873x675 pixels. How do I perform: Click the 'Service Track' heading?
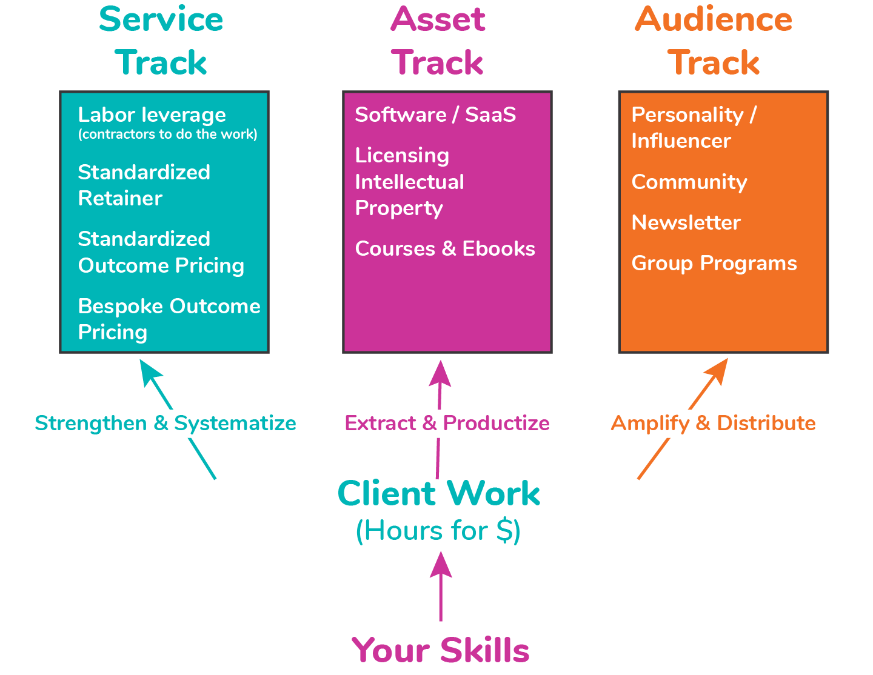tap(161, 41)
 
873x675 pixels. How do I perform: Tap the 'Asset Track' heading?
tap(438, 41)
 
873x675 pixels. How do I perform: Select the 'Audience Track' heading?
tap(714, 41)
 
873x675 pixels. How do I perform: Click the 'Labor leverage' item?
tap(152, 115)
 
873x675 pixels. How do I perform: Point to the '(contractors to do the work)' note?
tap(167, 135)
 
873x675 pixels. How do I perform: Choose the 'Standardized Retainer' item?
tap(144, 185)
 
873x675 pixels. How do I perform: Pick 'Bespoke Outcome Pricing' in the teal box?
tap(169, 319)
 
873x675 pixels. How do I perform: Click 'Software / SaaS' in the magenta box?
tap(435, 115)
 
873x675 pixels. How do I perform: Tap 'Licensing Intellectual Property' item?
tap(409, 182)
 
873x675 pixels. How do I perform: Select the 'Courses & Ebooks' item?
tap(445, 248)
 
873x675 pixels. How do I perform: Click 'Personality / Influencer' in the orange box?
tap(693, 127)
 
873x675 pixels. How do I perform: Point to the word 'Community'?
tap(689, 182)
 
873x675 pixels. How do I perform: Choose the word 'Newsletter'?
tap(686, 222)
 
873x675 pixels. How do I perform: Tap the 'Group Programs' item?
tap(714, 263)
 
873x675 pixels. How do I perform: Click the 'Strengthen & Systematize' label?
tap(166, 423)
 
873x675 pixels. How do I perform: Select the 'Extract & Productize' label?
tap(447, 423)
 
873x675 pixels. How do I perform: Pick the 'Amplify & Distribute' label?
tap(713, 423)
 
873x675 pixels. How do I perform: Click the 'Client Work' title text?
tap(438, 493)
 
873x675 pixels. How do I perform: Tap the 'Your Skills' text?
tap(441, 650)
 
